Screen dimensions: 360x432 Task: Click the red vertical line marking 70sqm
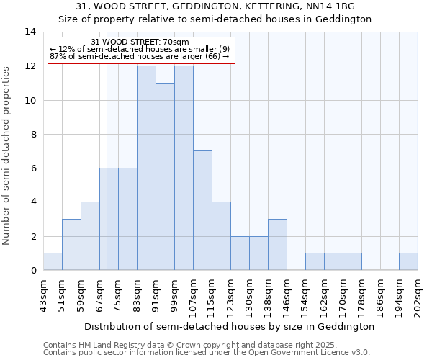point(107,180)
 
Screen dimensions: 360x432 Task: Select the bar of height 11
point(165,176)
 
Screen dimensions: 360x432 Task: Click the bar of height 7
point(202,210)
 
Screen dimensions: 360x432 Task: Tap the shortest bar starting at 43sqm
point(53,261)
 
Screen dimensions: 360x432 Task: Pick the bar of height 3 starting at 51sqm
point(71,244)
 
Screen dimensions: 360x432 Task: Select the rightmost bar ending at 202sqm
point(408,261)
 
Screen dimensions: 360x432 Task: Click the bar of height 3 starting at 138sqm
point(277,244)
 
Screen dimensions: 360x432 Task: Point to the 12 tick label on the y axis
point(30,66)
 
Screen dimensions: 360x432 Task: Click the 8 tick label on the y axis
point(32,135)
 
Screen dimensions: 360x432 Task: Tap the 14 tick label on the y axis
point(30,32)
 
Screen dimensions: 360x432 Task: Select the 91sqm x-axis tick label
point(156,292)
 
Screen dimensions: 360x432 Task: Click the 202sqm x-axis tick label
point(418,294)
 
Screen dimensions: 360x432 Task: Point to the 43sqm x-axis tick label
point(43,292)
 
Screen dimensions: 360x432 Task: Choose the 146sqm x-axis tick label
point(287,294)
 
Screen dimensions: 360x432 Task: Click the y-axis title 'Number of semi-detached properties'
point(7,156)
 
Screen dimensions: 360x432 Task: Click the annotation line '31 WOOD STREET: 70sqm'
point(141,42)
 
